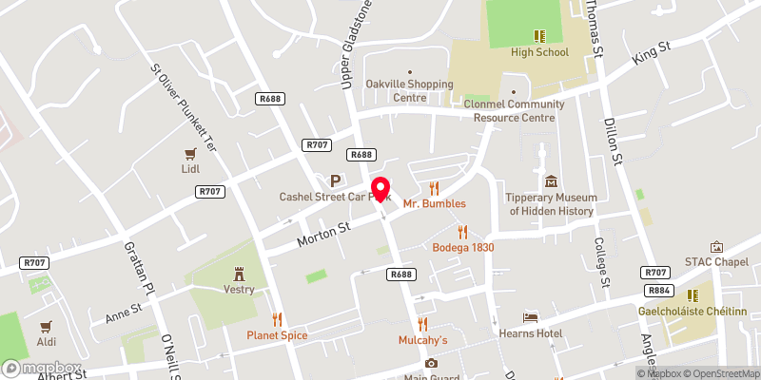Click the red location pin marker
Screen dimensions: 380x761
(x=380, y=188)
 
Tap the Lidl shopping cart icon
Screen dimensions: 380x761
(x=190, y=153)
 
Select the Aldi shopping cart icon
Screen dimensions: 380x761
(x=46, y=326)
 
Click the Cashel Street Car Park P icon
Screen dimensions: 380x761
(x=335, y=180)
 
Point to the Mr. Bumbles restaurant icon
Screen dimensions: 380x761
(x=435, y=187)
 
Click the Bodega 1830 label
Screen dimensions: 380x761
(x=463, y=247)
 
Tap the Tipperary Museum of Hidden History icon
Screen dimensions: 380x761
(x=551, y=181)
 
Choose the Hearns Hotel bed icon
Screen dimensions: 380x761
(x=531, y=316)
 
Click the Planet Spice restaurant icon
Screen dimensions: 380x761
(x=278, y=319)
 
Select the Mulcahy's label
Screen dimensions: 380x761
(x=422, y=339)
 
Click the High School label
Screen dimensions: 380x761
(x=538, y=52)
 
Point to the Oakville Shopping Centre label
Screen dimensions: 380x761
(x=410, y=90)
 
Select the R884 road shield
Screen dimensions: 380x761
(x=655, y=290)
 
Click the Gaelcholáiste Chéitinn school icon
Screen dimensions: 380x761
(x=693, y=295)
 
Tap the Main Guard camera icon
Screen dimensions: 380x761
(x=431, y=363)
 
